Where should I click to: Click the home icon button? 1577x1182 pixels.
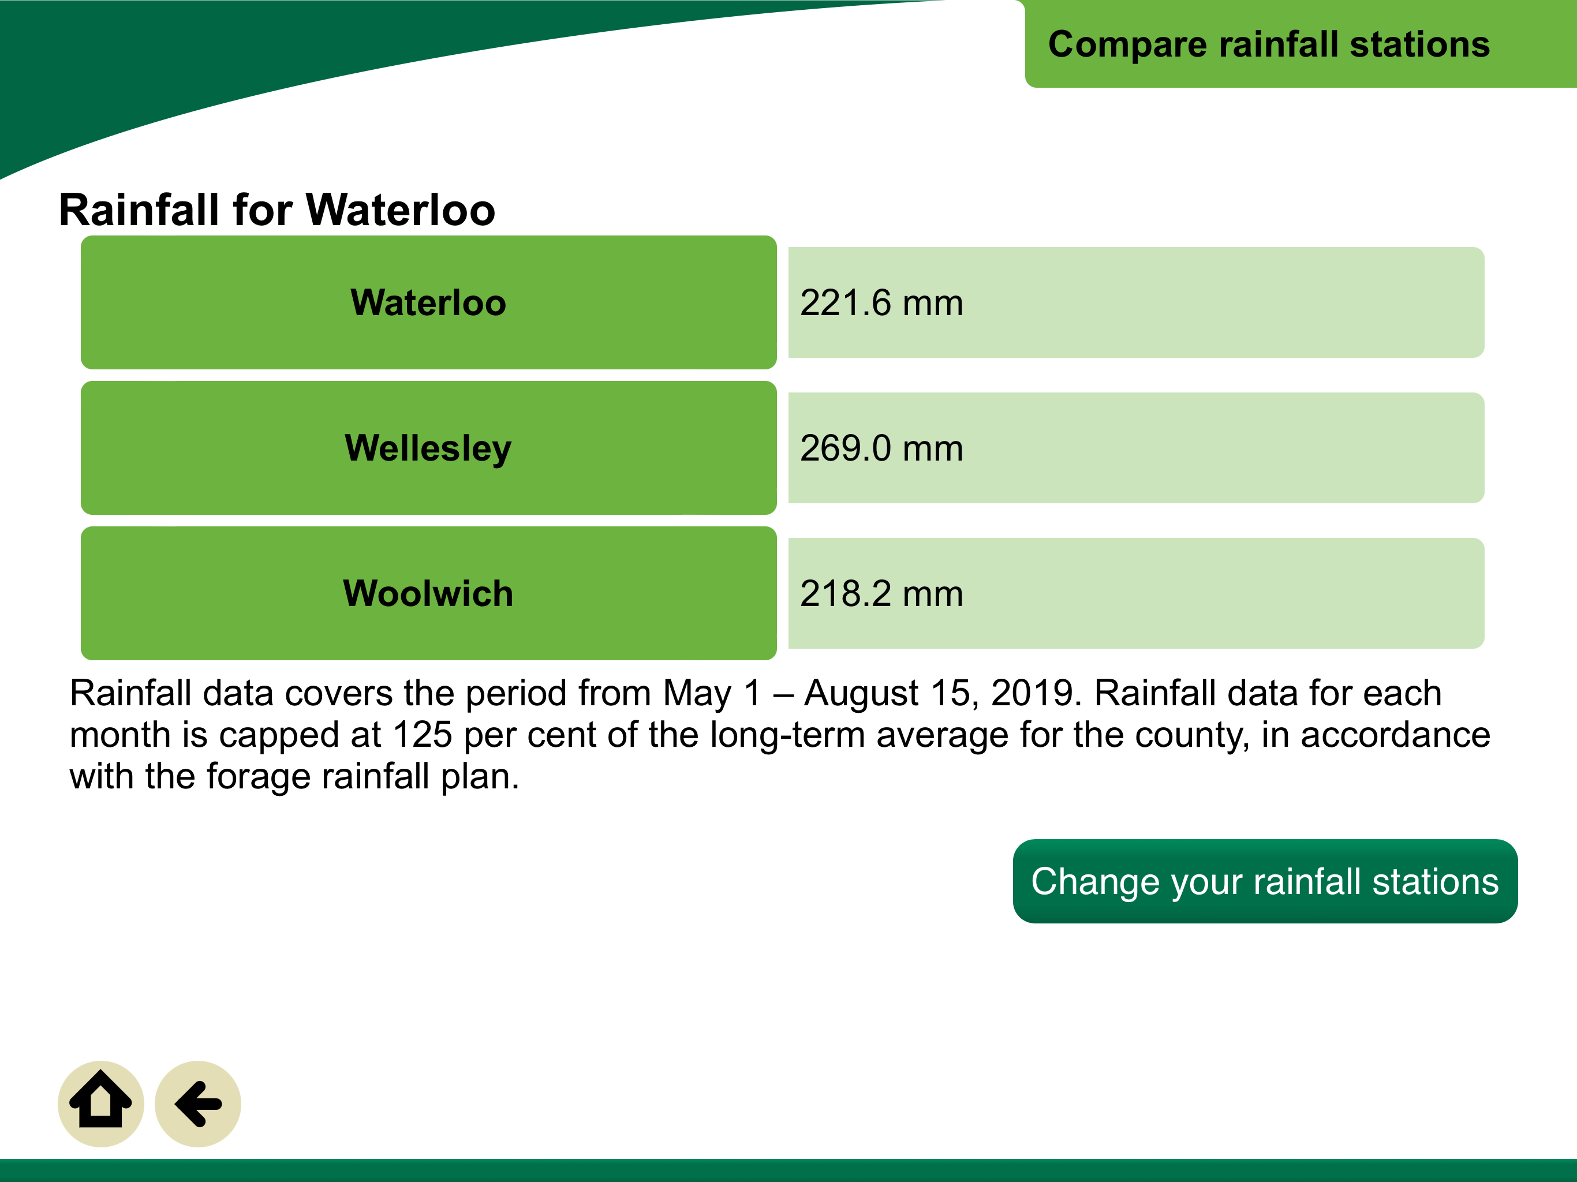[100, 1104]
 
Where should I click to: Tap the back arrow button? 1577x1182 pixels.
[197, 1104]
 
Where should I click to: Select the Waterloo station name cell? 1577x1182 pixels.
[428, 302]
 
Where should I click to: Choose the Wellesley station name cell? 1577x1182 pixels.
[428, 448]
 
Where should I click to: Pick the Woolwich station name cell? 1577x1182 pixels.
[428, 593]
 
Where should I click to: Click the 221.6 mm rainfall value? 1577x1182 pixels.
[881, 302]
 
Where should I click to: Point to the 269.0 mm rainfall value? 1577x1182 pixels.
[881, 448]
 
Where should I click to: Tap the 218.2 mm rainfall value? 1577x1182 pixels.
[881, 593]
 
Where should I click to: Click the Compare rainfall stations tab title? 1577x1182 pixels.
[1269, 44]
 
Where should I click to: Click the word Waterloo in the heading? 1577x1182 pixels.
[400, 210]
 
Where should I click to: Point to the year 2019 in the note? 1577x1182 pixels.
[1032, 693]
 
